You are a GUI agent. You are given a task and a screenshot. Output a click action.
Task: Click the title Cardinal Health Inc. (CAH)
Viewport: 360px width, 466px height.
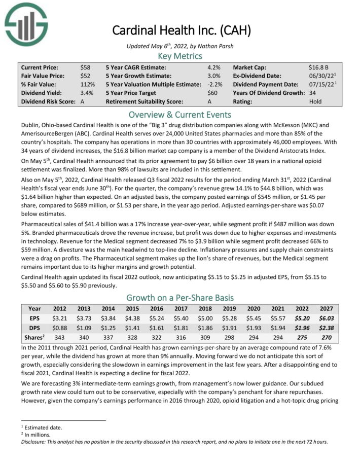tap(179, 30)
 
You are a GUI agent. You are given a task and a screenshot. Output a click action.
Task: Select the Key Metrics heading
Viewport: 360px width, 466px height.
tap(179, 56)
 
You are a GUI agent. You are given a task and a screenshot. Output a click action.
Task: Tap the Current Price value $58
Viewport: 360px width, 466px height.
tap(85, 67)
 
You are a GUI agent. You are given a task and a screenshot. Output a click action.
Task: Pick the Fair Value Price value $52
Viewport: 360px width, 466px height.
tap(85, 76)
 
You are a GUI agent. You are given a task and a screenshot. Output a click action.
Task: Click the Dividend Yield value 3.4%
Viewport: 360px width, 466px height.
tap(87, 93)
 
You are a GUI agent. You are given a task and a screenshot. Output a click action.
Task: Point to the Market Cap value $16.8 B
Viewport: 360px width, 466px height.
tap(319, 67)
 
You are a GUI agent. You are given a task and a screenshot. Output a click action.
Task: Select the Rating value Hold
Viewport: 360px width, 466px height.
tap(315, 101)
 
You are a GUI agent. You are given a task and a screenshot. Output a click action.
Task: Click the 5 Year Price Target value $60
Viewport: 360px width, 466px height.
tap(212, 93)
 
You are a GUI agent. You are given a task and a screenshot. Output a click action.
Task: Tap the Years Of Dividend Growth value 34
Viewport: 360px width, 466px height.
tap(313, 93)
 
